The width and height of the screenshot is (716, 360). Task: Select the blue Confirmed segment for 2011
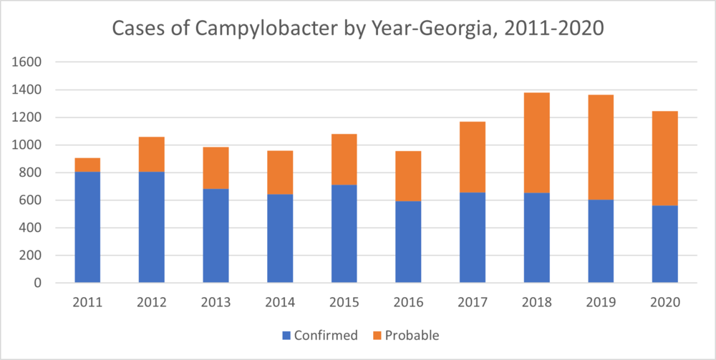click(87, 227)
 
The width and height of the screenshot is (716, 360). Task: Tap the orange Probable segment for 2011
click(87, 165)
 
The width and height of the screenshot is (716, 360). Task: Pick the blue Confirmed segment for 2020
click(664, 244)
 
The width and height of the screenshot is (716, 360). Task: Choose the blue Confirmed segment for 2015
click(344, 233)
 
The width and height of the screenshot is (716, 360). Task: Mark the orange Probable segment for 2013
click(216, 168)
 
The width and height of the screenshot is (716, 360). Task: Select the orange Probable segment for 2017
click(473, 157)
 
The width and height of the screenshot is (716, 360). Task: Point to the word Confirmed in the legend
click(326, 335)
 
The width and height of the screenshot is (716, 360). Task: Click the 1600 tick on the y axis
click(29, 62)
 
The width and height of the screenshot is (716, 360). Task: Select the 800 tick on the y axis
click(33, 172)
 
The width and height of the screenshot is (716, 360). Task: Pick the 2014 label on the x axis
click(280, 302)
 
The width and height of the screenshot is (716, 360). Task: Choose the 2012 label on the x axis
click(152, 302)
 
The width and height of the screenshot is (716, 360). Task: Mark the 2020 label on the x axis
click(664, 302)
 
